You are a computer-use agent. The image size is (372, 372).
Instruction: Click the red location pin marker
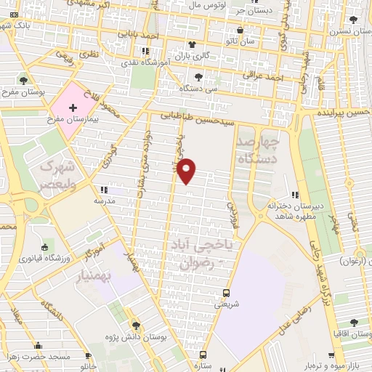pos(187,170)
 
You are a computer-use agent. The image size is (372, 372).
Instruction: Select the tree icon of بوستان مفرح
pos(24,81)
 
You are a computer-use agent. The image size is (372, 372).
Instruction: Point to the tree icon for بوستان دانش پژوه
pos(134,325)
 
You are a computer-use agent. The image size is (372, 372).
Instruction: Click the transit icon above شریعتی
pos(226,294)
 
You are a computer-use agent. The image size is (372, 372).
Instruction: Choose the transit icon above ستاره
pos(203,355)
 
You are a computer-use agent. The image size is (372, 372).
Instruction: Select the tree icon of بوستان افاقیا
pos(354,323)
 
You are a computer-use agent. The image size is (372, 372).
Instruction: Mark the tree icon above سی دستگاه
pos(198,76)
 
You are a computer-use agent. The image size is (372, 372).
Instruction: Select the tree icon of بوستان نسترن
pos(354,20)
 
